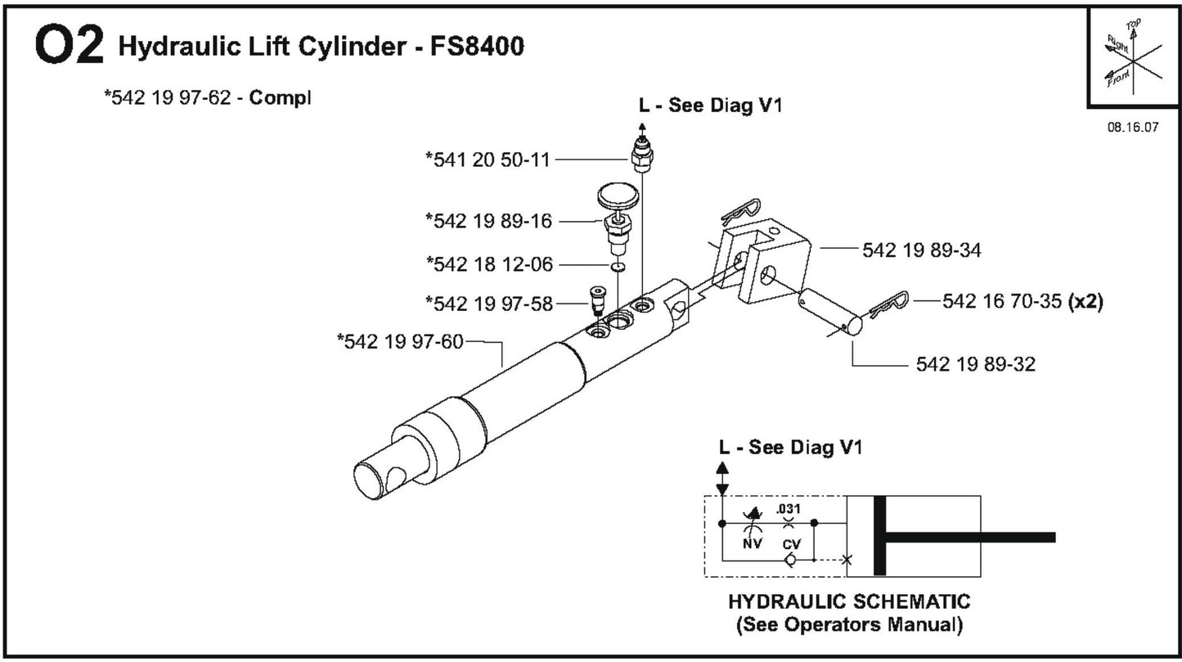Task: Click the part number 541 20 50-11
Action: click(x=488, y=159)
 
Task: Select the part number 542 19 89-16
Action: click(x=488, y=221)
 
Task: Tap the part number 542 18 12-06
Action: click(x=489, y=263)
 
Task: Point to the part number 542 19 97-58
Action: click(x=488, y=303)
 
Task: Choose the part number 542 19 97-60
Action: click(x=400, y=340)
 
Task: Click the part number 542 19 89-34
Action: click(x=922, y=250)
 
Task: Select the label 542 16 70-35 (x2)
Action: click(x=1022, y=301)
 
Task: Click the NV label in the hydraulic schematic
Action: click(x=750, y=543)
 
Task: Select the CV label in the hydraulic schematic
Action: click(x=789, y=543)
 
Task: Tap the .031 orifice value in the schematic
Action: click(x=789, y=508)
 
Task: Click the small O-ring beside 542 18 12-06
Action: click(x=618, y=267)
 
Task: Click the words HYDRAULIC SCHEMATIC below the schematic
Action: click(x=848, y=602)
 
